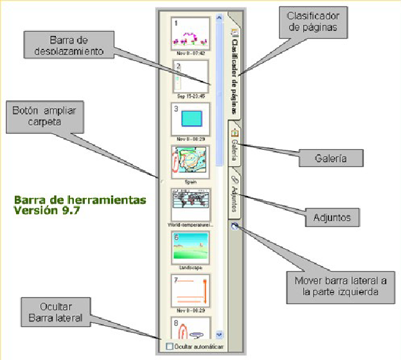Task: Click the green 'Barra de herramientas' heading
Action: (x=80, y=204)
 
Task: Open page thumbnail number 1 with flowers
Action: (x=190, y=33)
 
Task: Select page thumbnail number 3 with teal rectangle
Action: (x=190, y=118)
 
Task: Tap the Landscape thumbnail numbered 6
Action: (x=190, y=248)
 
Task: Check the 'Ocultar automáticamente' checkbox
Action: (x=169, y=347)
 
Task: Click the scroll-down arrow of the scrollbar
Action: (x=219, y=334)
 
